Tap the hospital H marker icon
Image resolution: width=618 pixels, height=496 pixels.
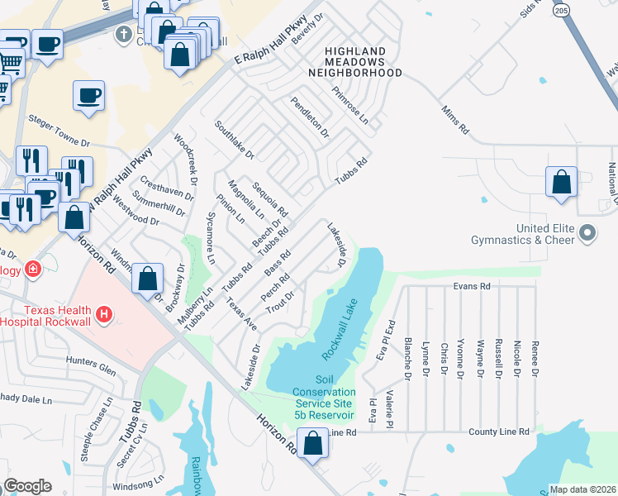104,314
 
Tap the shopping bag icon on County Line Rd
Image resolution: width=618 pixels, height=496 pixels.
313,443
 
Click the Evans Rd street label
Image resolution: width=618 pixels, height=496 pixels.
472,286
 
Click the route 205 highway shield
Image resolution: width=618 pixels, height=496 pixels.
562,10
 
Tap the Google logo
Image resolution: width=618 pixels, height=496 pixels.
27,486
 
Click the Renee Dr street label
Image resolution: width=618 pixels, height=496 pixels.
535,357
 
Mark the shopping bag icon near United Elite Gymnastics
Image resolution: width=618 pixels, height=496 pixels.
561,182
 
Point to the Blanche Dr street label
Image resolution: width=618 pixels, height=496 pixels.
407,359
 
